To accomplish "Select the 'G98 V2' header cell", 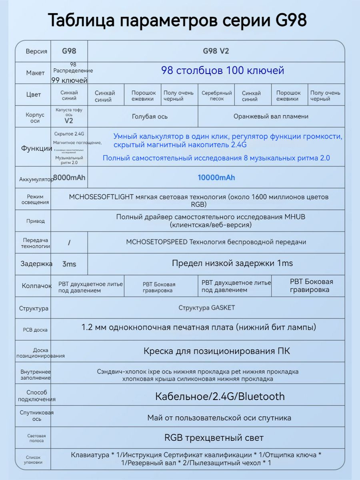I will (x=216, y=51).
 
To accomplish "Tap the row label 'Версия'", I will (x=36, y=51).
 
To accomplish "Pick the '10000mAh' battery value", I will (x=216, y=177).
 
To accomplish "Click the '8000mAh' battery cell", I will (x=69, y=177).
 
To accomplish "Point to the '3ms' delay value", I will (x=69, y=264).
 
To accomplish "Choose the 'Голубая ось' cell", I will (x=150, y=116).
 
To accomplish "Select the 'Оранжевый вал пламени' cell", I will (x=271, y=116).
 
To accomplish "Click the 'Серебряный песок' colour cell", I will (x=217, y=96).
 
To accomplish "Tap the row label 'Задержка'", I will (x=36, y=264).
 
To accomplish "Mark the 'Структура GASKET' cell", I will (x=206, y=308).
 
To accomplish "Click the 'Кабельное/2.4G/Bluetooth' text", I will (x=220, y=396).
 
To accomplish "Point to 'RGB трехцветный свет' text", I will (x=214, y=438).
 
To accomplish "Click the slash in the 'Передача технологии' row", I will (x=69, y=243).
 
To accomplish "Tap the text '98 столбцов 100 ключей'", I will (x=222, y=71).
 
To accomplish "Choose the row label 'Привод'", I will (x=36, y=221).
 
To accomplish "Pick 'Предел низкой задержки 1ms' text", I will (x=232, y=263).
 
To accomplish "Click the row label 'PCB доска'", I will (x=35, y=330).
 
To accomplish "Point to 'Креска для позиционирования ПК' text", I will (x=216, y=351).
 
